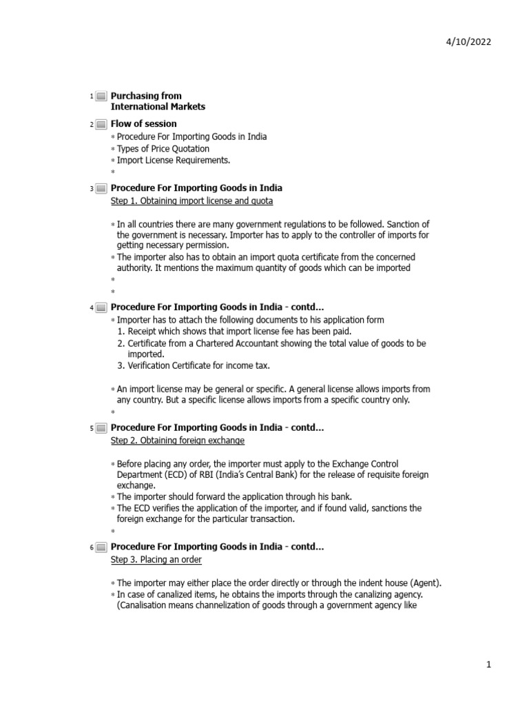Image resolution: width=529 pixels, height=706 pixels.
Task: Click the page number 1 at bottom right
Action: (488, 665)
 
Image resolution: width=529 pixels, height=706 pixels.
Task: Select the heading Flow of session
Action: (143, 123)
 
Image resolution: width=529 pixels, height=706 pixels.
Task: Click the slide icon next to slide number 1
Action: (101, 97)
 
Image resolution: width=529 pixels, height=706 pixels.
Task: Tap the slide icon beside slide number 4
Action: (101, 307)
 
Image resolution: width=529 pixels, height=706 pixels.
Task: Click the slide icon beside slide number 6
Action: (101, 547)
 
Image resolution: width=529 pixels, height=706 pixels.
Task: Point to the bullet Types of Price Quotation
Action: (163, 148)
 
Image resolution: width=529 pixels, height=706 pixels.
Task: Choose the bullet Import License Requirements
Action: (173, 160)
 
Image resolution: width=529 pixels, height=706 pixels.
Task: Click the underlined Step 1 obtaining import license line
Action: (191, 201)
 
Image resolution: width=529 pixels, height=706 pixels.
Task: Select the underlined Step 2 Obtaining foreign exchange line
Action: (177, 440)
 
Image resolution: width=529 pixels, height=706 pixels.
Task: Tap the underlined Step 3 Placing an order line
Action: (156, 559)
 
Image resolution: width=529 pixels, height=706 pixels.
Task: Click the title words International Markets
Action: (158, 107)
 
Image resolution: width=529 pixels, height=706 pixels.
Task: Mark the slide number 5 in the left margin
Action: (91, 429)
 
